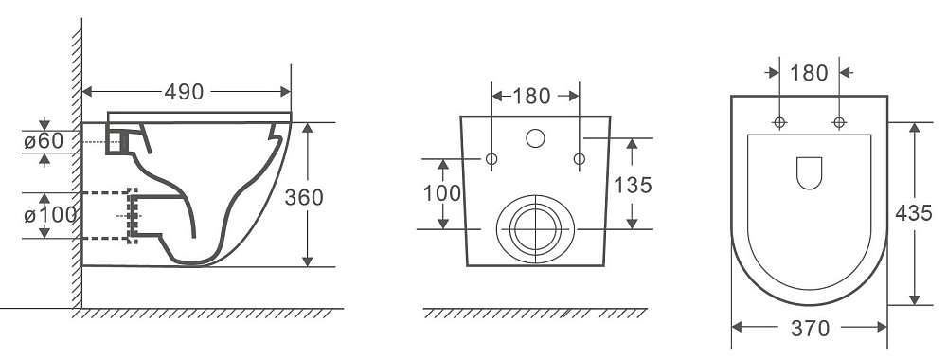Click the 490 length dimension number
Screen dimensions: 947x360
tap(185, 92)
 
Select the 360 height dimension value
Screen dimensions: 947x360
tap(304, 197)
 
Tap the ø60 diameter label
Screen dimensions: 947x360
tap(44, 141)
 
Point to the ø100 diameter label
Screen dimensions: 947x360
tap(51, 214)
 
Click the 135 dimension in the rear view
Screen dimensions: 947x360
tap(633, 185)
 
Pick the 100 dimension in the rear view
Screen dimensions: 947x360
tap(442, 193)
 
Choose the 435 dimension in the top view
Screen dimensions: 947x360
tap(914, 212)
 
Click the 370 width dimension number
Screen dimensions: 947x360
tap(810, 329)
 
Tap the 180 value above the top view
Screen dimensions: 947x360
tap(809, 73)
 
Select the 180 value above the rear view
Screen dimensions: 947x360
tap(531, 96)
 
